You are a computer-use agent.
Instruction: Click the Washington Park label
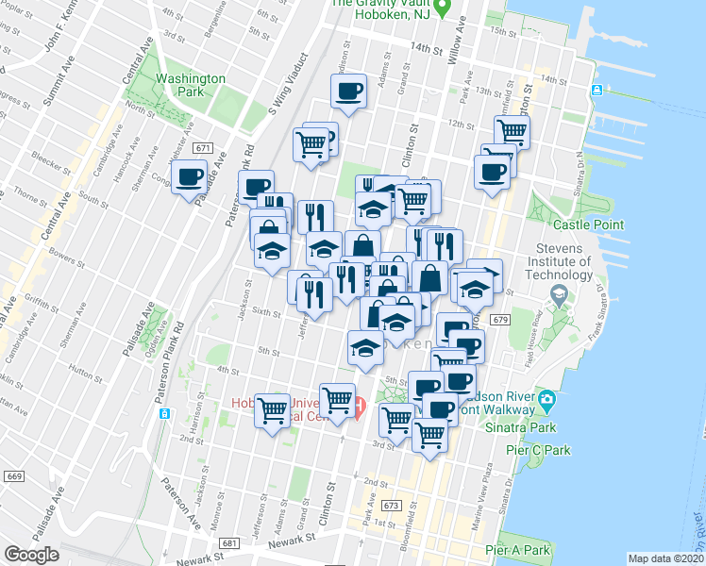(191, 87)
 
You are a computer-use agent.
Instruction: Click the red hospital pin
(359, 408)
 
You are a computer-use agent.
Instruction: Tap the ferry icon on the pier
(597, 91)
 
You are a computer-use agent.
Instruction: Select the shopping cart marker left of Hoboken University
(273, 410)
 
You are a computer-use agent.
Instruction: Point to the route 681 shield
(229, 544)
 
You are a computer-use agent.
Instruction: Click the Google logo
(31, 555)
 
